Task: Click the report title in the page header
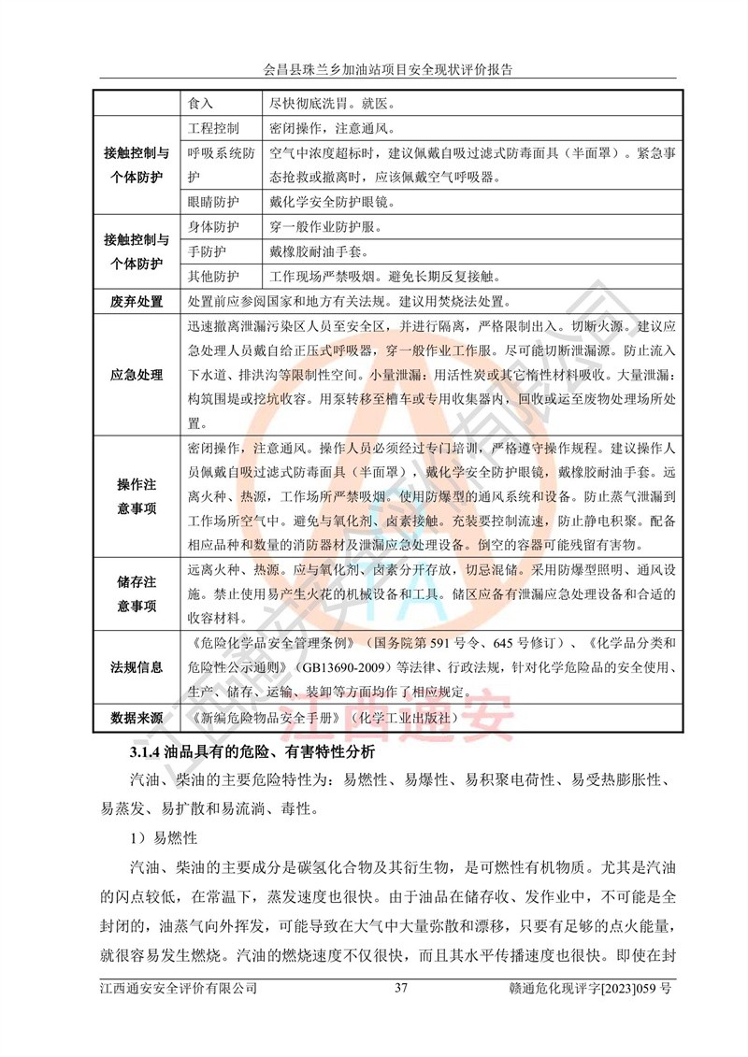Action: (x=374, y=69)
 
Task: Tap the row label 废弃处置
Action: (x=137, y=302)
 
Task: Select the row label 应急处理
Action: (x=137, y=376)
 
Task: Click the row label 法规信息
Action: (x=137, y=667)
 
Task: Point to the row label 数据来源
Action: (x=137, y=719)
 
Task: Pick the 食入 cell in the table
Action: (x=201, y=101)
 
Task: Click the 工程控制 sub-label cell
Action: (x=214, y=127)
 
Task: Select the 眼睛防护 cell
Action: (x=214, y=201)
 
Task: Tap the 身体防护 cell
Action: (x=214, y=227)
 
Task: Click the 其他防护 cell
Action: (x=214, y=277)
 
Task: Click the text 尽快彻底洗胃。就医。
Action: (x=332, y=101)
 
